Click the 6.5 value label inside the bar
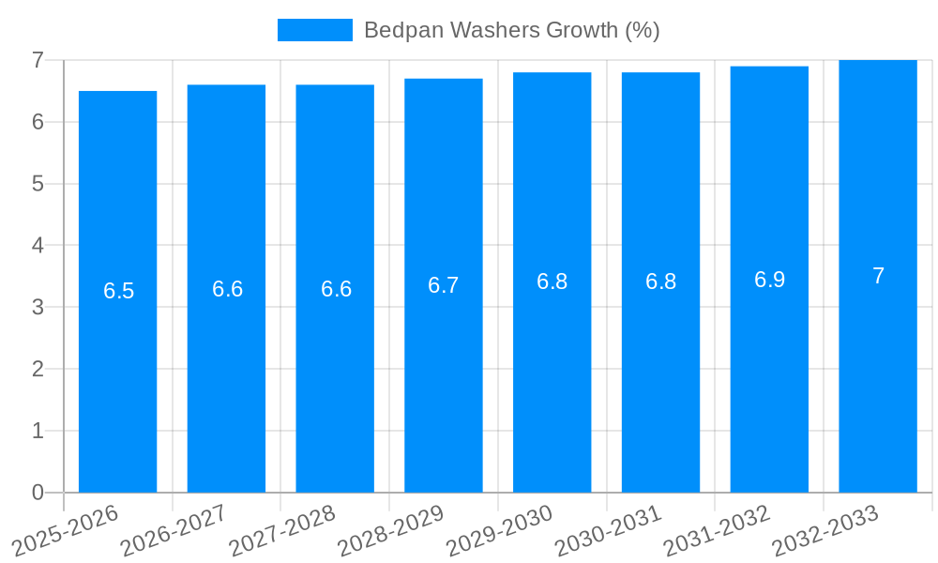(118, 291)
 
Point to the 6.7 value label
(443, 285)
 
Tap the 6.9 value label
(769, 280)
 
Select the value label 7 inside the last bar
(878, 276)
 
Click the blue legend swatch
(314, 30)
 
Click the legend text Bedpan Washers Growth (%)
(511, 30)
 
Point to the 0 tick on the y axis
(38, 493)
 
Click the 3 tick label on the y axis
(38, 307)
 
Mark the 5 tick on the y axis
(38, 183)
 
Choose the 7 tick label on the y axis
(38, 60)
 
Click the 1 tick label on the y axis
(38, 431)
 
